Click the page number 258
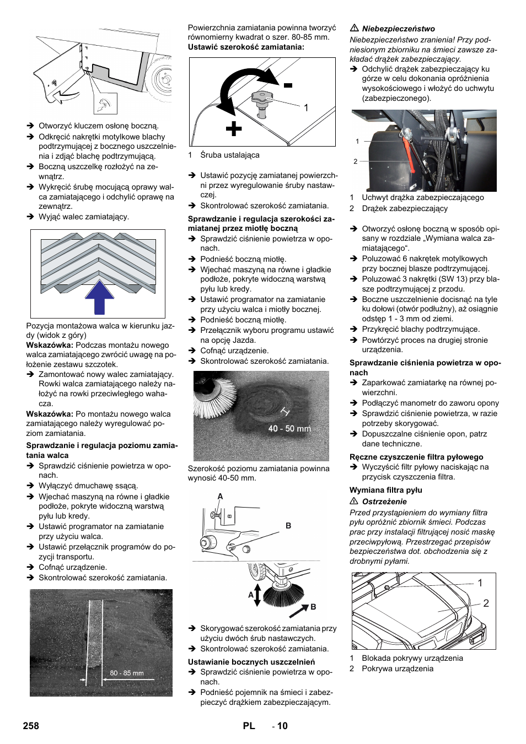(31, 726)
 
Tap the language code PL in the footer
(249, 726)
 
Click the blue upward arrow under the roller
(99, 298)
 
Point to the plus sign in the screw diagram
(234, 129)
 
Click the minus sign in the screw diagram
(288, 85)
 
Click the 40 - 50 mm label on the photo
(289, 428)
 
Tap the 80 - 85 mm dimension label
(126, 673)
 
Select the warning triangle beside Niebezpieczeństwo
(355, 28)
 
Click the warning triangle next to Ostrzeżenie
(355, 501)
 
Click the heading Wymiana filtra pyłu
(385, 490)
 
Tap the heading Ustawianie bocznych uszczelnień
(251, 662)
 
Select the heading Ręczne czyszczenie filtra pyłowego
(416, 457)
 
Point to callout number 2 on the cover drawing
(486, 603)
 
